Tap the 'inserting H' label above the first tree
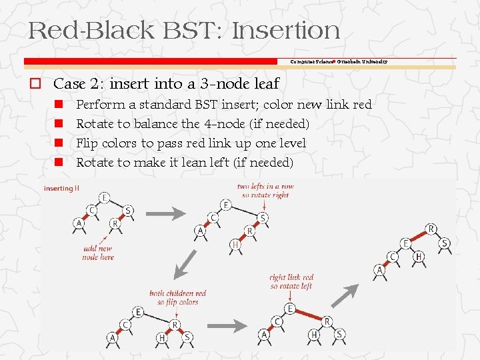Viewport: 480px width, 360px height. [x=61, y=189]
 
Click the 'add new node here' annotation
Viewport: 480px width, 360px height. [x=98, y=253]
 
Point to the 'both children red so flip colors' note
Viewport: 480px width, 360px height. [x=177, y=297]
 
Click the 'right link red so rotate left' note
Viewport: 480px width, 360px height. [x=291, y=281]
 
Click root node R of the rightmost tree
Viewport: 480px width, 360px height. [x=431, y=229]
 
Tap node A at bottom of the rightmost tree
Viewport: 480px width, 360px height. [x=379, y=269]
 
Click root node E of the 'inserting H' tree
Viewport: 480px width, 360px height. [x=104, y=197]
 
